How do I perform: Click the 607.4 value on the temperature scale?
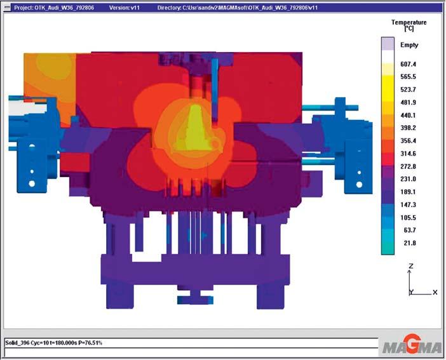click(408, 64)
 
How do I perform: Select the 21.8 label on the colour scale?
click(410, 243)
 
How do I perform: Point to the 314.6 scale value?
click(408, 154)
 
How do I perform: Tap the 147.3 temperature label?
click(408, 204)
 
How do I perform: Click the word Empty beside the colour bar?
click(409, 45)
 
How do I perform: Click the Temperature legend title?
click(409, 22)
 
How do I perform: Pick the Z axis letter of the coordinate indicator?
click(410, 266)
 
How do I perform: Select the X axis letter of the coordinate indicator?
click(435, 292)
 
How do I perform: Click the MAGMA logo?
click(412, 346)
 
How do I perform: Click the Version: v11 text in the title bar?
click(125, 8)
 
